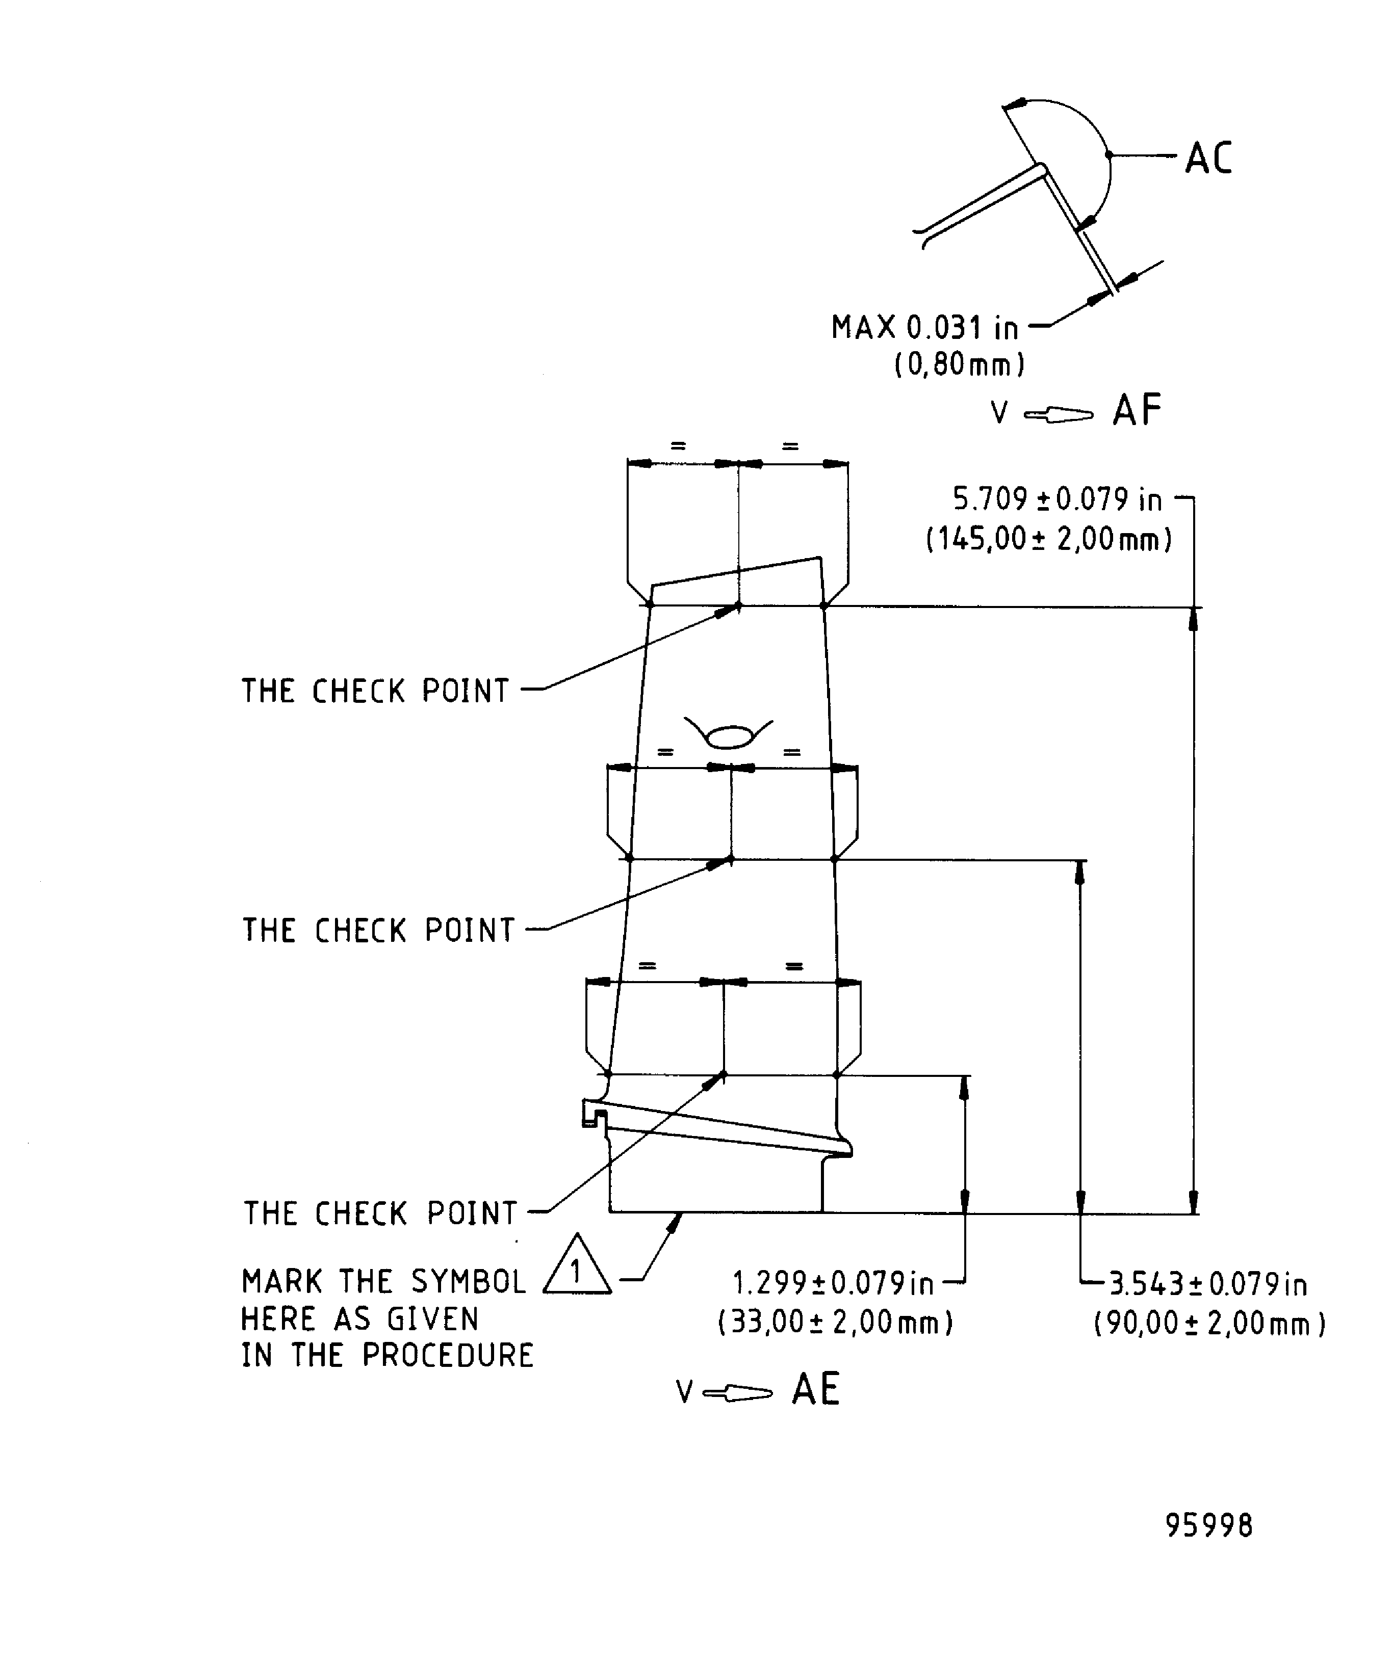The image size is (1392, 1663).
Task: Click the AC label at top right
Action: click(1208, 159)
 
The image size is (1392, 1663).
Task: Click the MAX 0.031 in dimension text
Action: click(924, 328)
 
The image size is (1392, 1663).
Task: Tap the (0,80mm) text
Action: click(960, 365)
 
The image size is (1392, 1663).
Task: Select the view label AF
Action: click(1137, 411)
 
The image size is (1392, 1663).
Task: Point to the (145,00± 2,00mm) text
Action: click(1049, 540)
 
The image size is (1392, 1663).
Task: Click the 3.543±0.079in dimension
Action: click(1206, 1284)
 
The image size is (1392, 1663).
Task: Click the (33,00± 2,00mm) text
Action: click(835, 1323)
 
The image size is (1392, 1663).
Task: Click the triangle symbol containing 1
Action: click(577, 1274)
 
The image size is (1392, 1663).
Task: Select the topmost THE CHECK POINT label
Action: click(375, 691)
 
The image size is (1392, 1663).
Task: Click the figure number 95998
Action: click(1209, 1526)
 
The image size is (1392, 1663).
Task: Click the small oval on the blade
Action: click(729, 738)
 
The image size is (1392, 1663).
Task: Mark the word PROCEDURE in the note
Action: click(448, 1356)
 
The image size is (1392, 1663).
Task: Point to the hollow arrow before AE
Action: click(737, 1393)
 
